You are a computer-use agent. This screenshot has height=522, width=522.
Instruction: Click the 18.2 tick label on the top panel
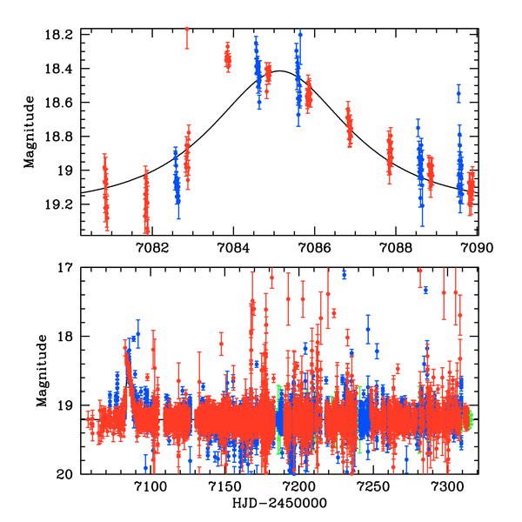click(x=63, y=35)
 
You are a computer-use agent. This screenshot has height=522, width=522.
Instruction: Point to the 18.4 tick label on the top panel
click(x=63, y=69)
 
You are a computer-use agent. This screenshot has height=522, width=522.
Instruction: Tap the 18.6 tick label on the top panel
click(x=63, y=103)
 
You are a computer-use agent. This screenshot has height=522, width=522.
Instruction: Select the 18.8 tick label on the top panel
click(x=63, y=137)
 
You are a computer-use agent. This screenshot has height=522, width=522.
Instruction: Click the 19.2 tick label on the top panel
click(x=63, y=204)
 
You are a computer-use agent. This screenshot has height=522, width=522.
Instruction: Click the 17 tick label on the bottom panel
click(x=67, y=268)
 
